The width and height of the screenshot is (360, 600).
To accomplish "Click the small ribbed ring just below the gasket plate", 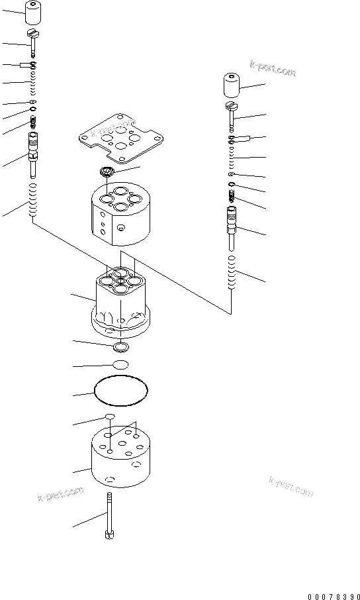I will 107,174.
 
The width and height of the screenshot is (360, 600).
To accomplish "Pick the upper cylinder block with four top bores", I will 120,213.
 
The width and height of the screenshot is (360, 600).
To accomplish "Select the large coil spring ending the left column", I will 31,204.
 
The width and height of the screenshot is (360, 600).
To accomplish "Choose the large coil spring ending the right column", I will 231,272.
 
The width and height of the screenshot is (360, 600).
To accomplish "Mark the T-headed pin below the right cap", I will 232,114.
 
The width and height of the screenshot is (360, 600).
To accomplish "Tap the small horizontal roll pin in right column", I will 239,138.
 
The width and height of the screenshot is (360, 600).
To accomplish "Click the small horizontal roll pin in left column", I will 28,65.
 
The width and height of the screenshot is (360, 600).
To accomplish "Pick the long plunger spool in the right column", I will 232,225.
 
